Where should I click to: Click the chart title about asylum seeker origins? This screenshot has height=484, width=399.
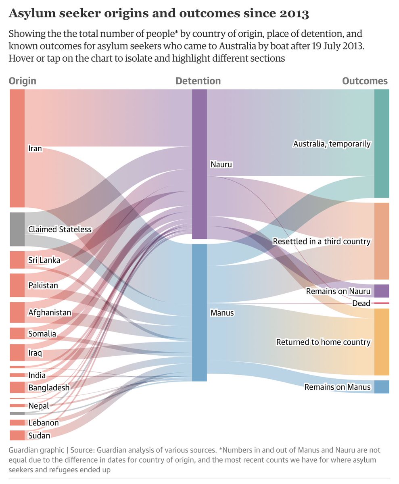point(159,14)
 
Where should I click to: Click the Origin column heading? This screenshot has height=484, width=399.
point(23,81)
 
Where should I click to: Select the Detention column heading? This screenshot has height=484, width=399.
point(198,81)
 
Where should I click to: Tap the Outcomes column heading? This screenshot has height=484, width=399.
point(365,81)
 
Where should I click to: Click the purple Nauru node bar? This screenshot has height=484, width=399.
point(199,164)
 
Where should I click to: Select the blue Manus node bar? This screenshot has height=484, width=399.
point(199,313)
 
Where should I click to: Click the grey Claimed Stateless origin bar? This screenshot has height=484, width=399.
point(17,229)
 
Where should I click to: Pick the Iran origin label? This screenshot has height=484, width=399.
point(35,149)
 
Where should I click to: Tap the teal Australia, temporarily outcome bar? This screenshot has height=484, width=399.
point(382,143)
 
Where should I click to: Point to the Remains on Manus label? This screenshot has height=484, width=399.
point(337,387)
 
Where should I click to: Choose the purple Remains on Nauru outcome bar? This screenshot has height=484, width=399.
point(382,291)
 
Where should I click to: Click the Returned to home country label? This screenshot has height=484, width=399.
point(323,342)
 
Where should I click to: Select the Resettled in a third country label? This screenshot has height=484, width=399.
point(322,242)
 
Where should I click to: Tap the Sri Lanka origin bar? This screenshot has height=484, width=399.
point(17,260)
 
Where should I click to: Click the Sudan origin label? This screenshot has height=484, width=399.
point(39,436)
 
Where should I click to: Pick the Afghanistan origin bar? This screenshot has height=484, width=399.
point(17,312)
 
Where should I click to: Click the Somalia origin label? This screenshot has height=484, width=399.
point(42,334)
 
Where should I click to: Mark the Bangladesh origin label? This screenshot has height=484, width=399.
point(49,388)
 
